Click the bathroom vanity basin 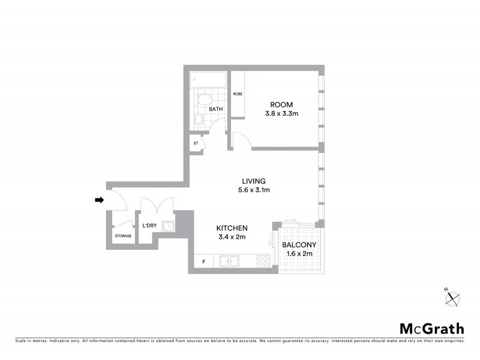pyautogui.click(x=197, y=118)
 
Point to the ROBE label pyautogui.click(x=238, y=94)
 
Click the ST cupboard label pyautogui.click(x=196, y=144)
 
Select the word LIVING pyautogui.click(x=253, y=181)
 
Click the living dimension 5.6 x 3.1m pyautogui.click(x=253, y=190)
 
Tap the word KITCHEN pyautogui.click(x=232, y=228)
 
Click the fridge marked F pyautogui.click(x=203, y=262)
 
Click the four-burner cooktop pyautogui.click(x=263, y=261)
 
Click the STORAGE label pyautogui.click(x=123, y=236)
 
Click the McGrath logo pyautogui.click(x=432, y=328)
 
